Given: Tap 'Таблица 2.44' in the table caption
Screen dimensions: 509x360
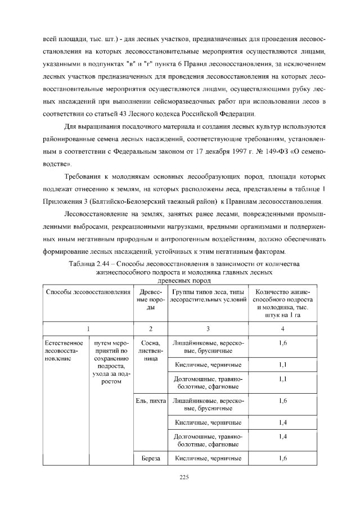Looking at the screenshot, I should coord(92,264).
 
